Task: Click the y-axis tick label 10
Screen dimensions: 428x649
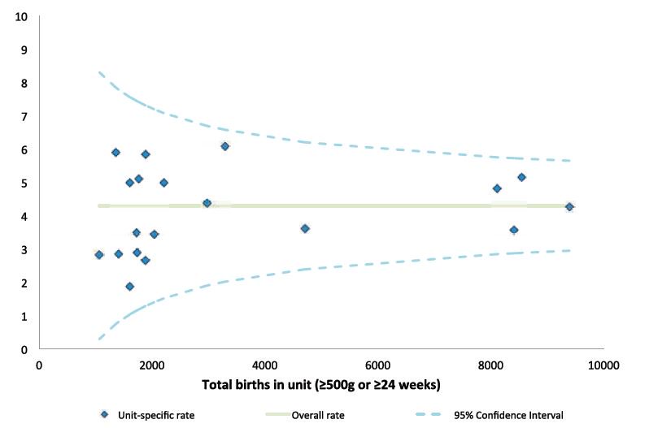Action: [22, 16]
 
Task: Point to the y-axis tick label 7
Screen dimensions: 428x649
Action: [24, 116]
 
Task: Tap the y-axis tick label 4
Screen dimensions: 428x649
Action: [24, 216]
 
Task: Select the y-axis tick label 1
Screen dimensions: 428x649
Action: [24, 316]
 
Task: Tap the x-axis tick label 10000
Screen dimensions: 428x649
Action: [603, 365]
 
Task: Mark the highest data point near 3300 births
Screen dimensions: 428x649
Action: [224, 146]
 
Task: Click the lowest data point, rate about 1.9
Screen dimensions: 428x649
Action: [129, 286]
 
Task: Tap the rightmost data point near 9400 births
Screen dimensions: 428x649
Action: [569, 207]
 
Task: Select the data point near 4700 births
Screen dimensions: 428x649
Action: [305, 228]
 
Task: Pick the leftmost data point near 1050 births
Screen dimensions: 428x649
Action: [99, 254]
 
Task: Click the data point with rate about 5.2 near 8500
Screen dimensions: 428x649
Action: [521, 177]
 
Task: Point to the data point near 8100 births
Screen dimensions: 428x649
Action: [497, 188]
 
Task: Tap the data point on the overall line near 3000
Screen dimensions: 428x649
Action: [207, 203]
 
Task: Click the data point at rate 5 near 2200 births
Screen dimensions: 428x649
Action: [163, 183]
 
